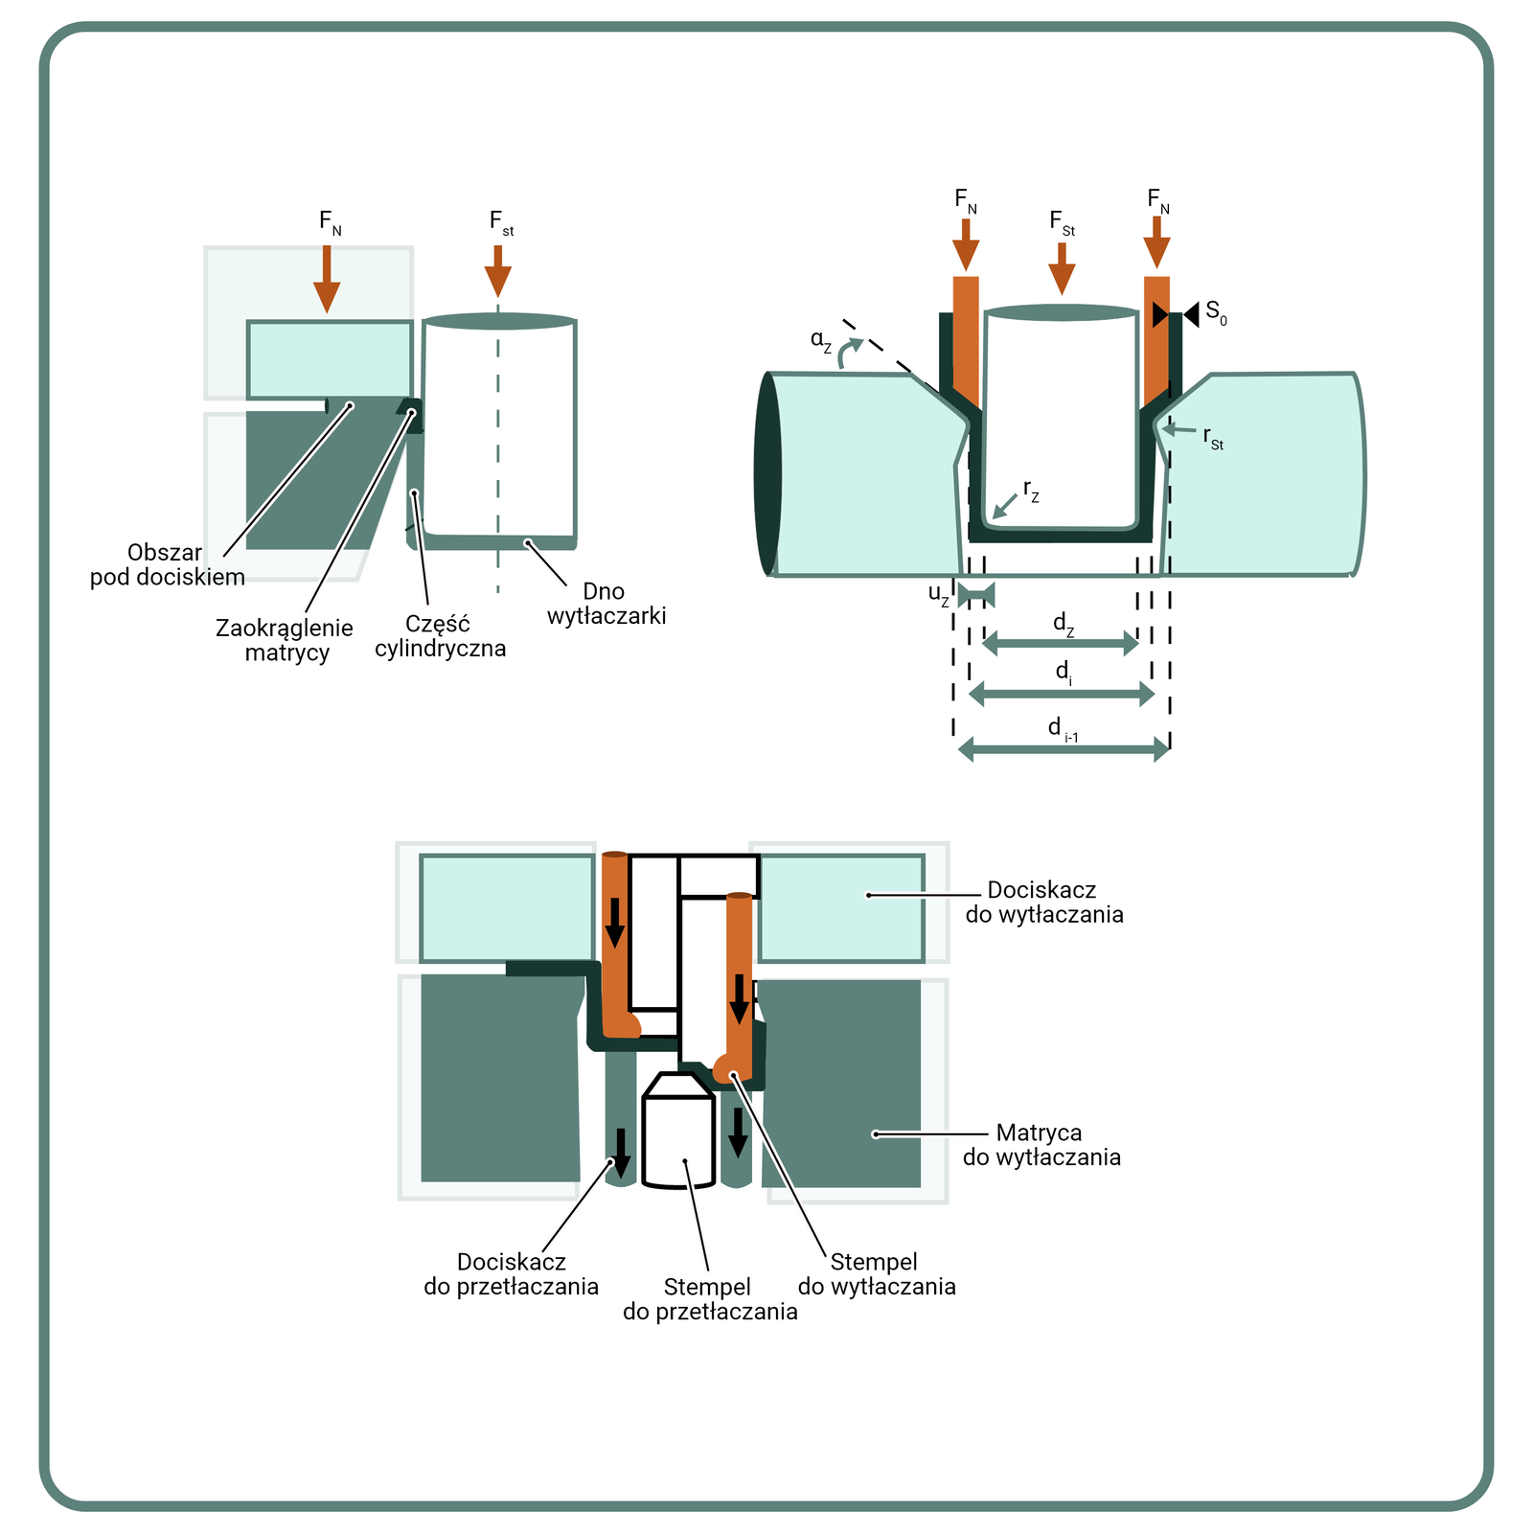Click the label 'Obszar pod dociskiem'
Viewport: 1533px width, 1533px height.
[x=168, y=565]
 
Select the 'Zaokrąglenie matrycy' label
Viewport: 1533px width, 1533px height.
[x=285, y=640]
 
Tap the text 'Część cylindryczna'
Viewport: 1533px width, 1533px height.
[x=440, y=636]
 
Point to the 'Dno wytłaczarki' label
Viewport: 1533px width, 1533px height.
[x=606, y=604]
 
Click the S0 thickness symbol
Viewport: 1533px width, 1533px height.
[x=1215, y=312]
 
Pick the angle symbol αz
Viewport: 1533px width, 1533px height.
[x=821, y=340]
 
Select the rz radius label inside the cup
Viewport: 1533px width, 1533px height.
[x=1031, y=491]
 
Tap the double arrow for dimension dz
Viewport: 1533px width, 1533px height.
[x=1061, y=644]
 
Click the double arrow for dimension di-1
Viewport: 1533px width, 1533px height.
[x=1064, y=749]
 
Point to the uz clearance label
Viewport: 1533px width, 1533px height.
[x=939, y=594]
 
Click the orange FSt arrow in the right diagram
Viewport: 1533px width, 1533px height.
[x=1062, y=268]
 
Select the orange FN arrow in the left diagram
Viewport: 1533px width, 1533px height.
[x=327, y=278]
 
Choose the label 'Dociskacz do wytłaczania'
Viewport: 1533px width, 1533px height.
[x=1043, y=903]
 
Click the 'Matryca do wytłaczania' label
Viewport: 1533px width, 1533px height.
[x=1041, y=1145]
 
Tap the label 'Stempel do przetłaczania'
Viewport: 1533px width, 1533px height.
[x=710, y=1299]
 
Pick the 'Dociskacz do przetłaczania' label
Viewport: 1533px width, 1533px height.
[x=512, y=1274]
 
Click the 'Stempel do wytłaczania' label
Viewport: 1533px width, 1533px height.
[x=877, y=1274]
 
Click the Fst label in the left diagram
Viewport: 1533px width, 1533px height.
[x=501, y=222]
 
